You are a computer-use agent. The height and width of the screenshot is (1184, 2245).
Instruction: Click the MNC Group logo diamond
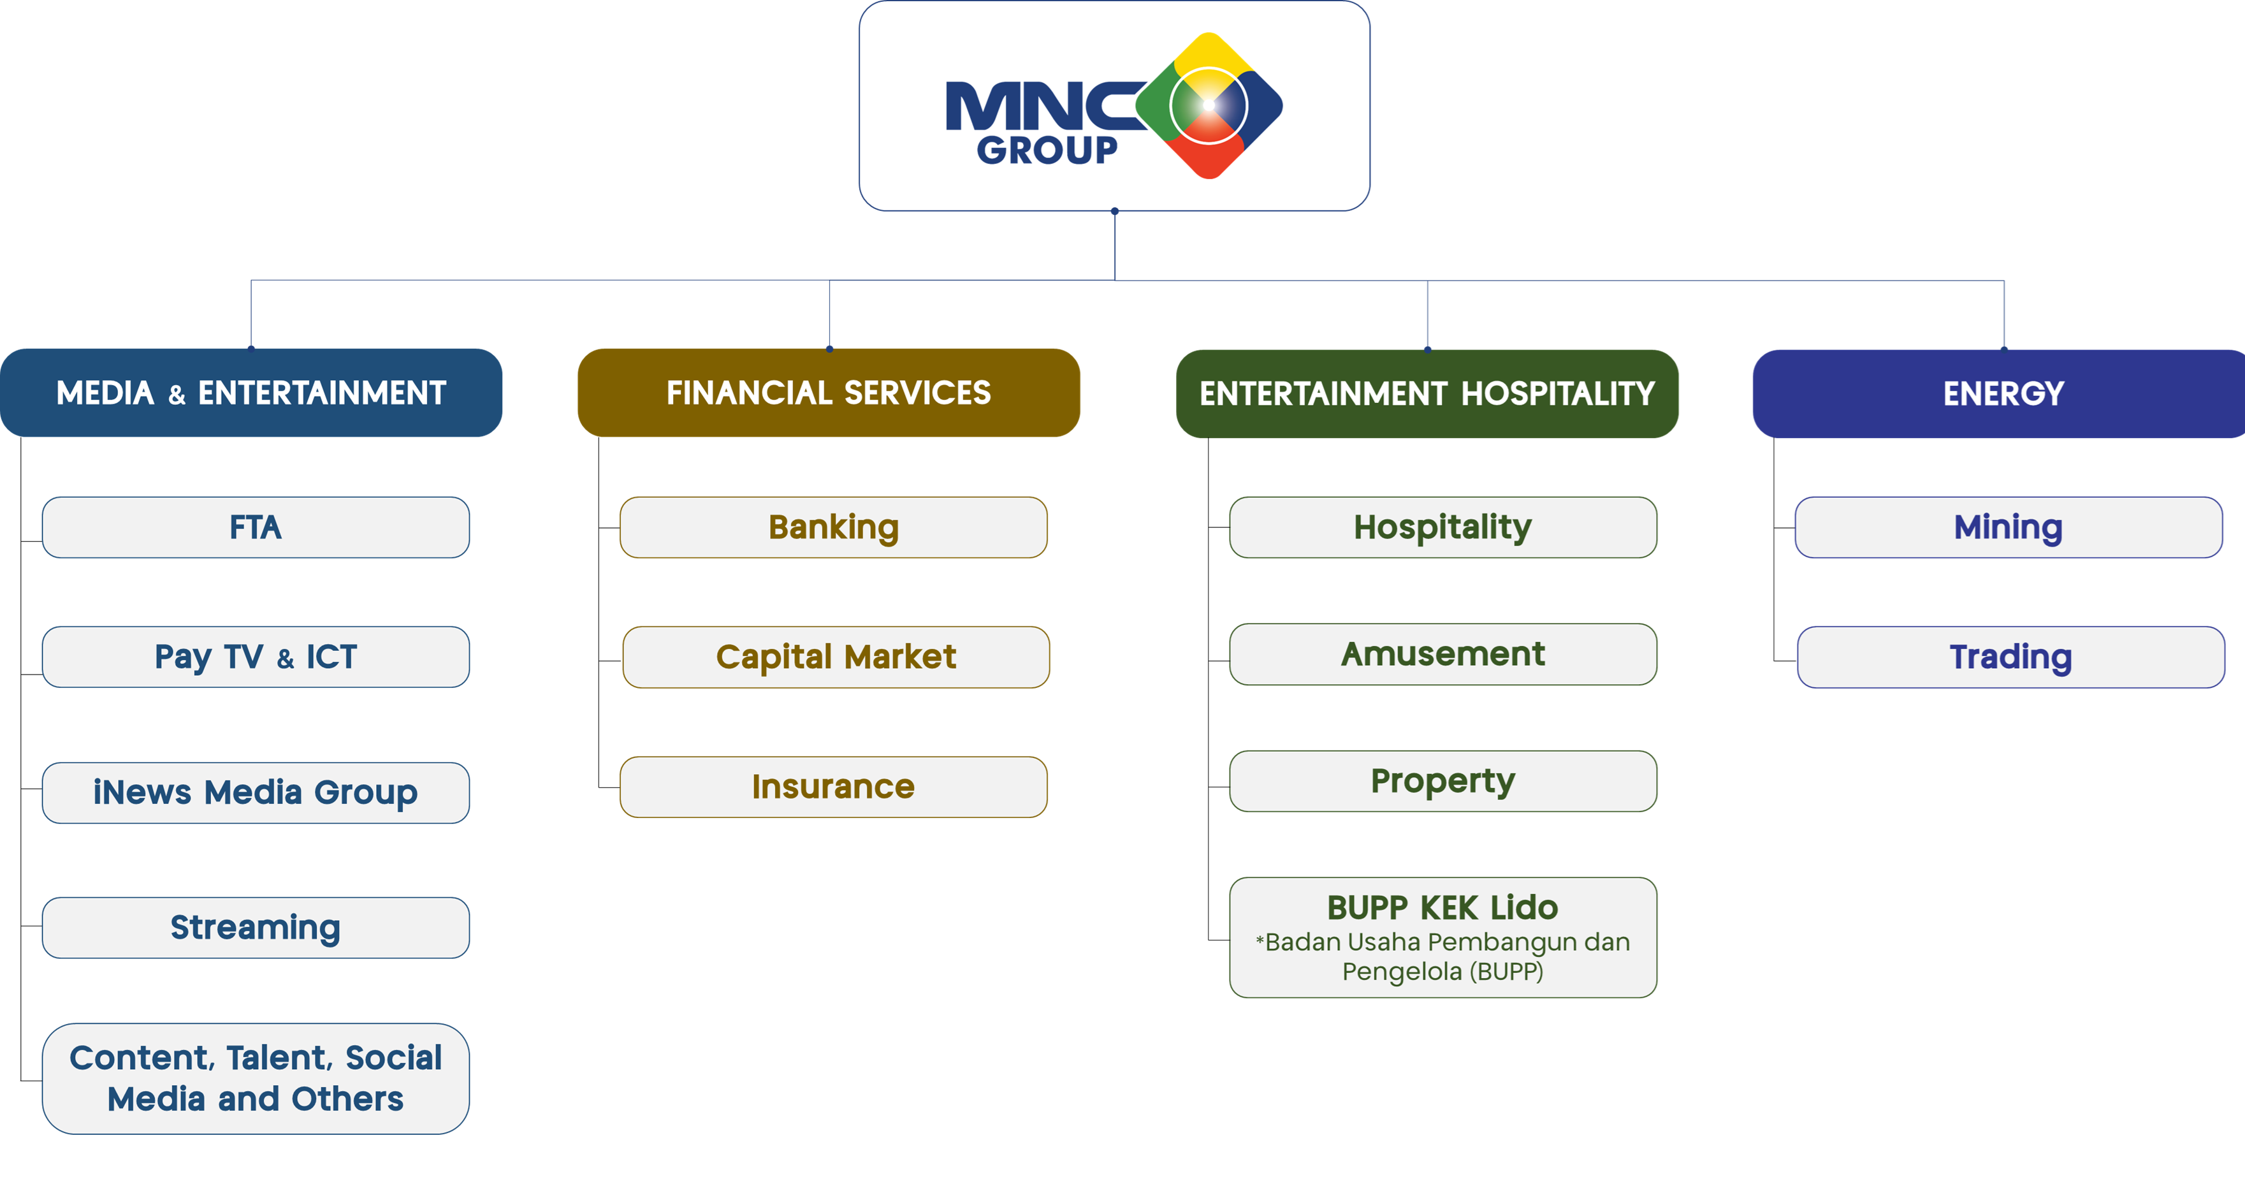[x=1209, y=105]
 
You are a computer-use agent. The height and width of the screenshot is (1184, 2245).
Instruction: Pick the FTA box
[x=256, y=527]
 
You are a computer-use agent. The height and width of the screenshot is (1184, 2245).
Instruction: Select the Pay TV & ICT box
[x=256, y=657]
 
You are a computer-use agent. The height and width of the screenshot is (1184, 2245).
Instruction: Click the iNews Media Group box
[x=256, y=793]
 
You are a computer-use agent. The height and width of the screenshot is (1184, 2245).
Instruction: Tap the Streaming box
[x=256, y=928]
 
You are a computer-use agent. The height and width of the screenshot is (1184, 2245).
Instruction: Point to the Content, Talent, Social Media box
[x=256, y=1079]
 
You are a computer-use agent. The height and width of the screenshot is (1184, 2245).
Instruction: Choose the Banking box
[x=833, y=527]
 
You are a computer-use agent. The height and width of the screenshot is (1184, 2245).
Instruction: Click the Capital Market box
[x=836, y=657]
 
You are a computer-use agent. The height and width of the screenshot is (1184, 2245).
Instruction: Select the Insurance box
[x=833, y=786]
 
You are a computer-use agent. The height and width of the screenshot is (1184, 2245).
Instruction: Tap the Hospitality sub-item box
[x=1442, y=527]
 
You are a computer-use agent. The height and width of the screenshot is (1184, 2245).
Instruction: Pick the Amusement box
[x=1442, y=654]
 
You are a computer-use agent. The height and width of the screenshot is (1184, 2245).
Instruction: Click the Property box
[x=1442, y=781]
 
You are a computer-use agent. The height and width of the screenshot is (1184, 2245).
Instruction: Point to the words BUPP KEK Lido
[x=1442, y=908]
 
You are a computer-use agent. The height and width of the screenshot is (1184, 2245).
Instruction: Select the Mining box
[x=2008, y=527]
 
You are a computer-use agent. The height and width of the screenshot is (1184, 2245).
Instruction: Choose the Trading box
[x=2010, y=657]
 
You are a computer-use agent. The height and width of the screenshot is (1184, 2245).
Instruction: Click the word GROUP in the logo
[x=1047, y=150]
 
